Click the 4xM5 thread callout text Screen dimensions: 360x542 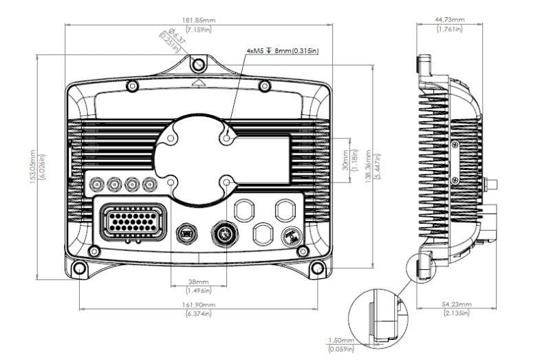click(x=282, y=51)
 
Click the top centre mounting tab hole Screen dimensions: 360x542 click(x=199, y=64)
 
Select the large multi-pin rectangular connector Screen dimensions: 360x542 click(x=133, y=223)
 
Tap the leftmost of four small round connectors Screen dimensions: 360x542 click(x=97, y=184)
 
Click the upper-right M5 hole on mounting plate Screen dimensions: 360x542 click(x=228, y=137)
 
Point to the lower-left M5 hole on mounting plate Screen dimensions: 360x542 click(x=170, y=182)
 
